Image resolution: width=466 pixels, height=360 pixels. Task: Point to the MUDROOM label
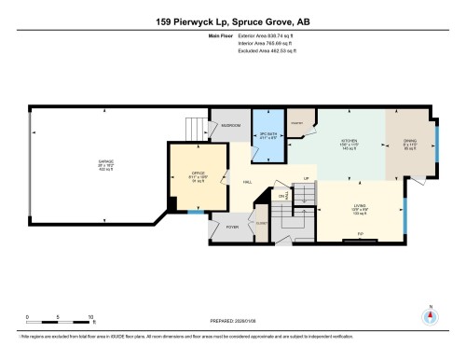[231, 125]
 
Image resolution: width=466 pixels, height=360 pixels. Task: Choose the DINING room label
[408, 143]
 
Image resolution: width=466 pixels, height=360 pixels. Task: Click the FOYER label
[232, 227]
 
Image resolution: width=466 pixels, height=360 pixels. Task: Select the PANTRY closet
[301, 124]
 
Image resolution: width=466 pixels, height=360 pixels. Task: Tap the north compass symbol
[430, 316]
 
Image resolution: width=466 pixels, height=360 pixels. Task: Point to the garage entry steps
[195, 128]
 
